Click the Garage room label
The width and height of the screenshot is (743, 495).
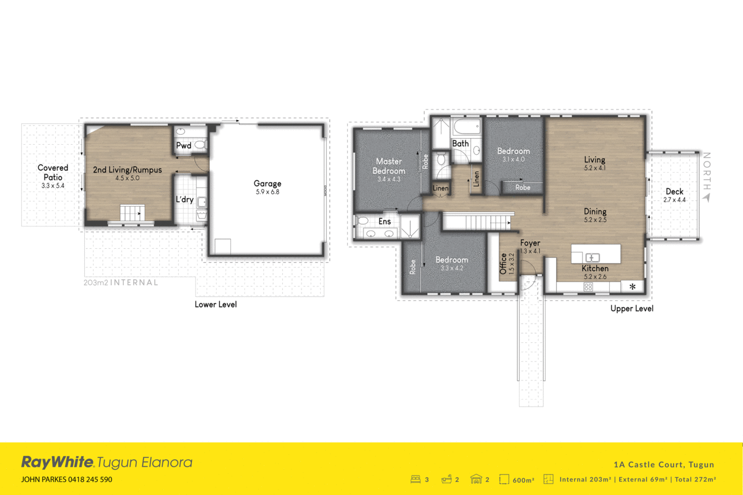pos(267,183)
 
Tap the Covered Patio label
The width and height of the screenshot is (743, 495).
pos(53,172)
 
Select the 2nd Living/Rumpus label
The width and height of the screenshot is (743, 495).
pos(127,170)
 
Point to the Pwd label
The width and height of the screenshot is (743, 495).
pos(183,146)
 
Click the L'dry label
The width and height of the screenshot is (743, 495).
pos(185,200)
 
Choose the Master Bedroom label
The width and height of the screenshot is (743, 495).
pos(389,166)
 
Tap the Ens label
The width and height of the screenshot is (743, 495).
pos(385,222)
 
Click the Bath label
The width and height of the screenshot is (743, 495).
pos(460,144)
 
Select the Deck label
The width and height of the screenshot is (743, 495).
pos(674,192)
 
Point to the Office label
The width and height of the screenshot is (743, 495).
pos(503,264)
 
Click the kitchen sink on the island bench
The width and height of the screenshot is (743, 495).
pos(591,257)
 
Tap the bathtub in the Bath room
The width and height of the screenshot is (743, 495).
pos(466,128)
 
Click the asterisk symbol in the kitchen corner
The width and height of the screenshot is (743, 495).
pos(632,286)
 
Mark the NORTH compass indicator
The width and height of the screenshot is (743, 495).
pos(707,176)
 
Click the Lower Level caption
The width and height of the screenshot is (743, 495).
pos(215,304)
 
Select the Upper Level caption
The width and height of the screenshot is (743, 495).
pos(632,308)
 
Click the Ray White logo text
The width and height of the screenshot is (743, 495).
pos(58,462)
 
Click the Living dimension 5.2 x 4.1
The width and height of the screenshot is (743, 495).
pos(594,167)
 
